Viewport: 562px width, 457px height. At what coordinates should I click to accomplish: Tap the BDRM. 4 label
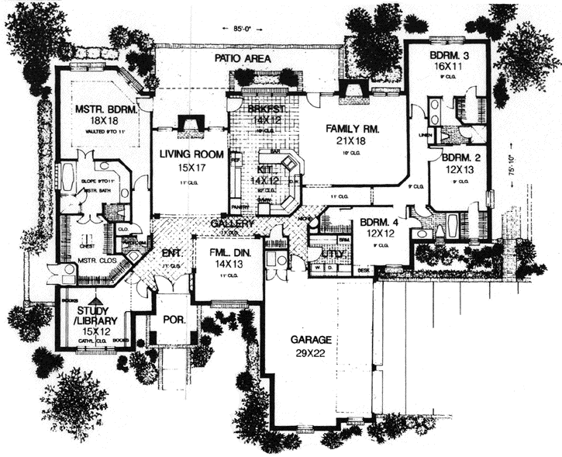pos(378,224)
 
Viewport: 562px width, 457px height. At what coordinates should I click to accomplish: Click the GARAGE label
pos(312,340)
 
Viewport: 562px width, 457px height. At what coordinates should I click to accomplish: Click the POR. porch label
pos(170,318)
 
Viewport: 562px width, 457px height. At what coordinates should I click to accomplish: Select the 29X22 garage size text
pos(312,353)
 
